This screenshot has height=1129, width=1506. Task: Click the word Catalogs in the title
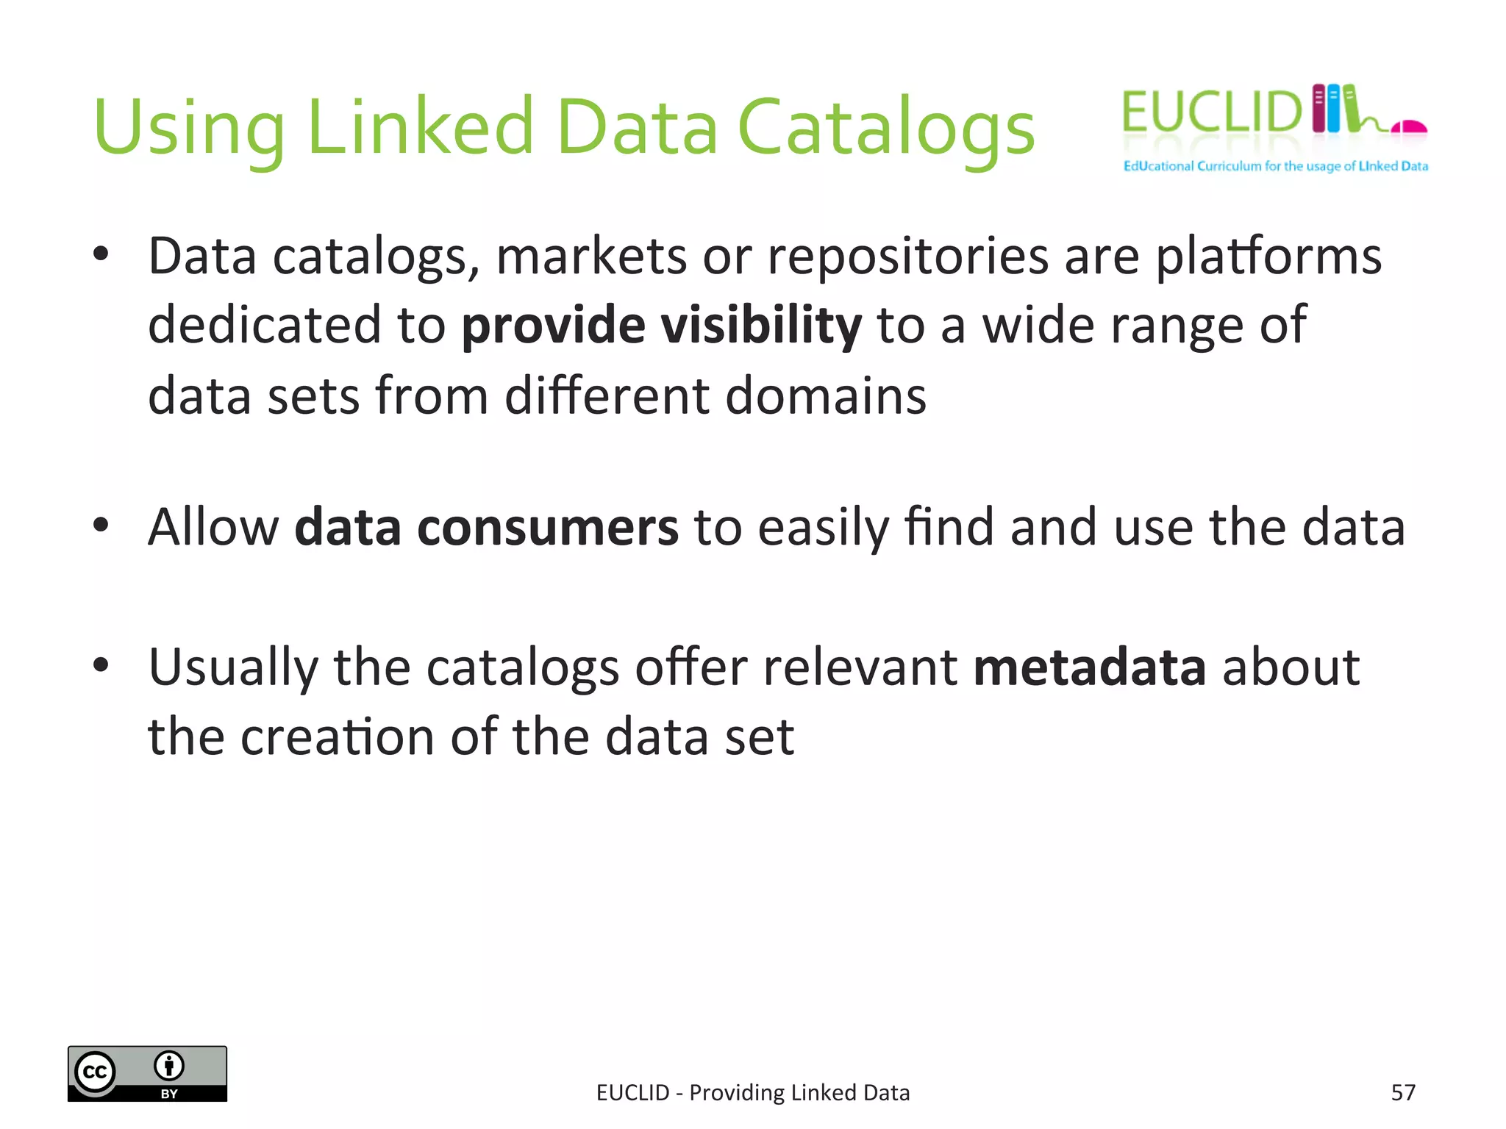pyautogui.click(x=885, y=129)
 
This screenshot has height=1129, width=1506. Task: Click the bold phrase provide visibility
pyautogui.click(x=661, y=325)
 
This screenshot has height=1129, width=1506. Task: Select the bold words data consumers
pyautogui.click(x=486, y=527)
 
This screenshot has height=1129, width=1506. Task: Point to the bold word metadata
pyautogui.click(x=1089, y=667)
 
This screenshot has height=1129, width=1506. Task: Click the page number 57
pyautogui.click(x=1403, y=1093)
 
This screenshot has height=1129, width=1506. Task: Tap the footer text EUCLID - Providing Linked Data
pyautogui.click(x=753, y=1093)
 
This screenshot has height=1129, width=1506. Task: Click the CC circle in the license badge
pyautogui.click(x=96, y=1072)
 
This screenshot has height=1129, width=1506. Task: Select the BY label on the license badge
pyautogui.click(x=169, y=1094)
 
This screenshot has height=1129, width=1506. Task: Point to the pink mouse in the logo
pyautogui.click(x=1408, y=127)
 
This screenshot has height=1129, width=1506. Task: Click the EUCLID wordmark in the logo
pyautogui.click(x=1211, y=112)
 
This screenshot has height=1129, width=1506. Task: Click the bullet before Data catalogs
pyautogui.click(x=101, y=254)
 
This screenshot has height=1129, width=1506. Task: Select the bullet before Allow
pyautogui.click(x=101, y=526)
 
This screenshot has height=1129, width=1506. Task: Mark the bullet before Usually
pyautogui.click(x=101, y=665)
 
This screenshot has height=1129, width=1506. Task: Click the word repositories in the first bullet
pyautogui.click(x=907, y=257)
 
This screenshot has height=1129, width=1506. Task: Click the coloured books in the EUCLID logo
pyautogui.click(x=1335, y=109)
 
